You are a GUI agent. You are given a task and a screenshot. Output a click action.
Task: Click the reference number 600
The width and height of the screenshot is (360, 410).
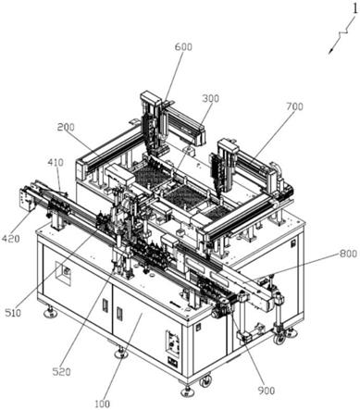tap(183, 47)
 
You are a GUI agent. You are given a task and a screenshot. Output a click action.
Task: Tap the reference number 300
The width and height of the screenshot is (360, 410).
tap(211, 98)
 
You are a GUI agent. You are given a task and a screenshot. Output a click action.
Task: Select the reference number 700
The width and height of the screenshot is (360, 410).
tap(294, 106)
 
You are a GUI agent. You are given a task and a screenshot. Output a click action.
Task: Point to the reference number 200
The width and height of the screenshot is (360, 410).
tap(66, 127)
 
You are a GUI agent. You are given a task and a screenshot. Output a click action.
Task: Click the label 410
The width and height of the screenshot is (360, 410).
tap(56, 162)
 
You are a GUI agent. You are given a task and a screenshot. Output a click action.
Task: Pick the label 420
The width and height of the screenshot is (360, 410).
tap(11, 238)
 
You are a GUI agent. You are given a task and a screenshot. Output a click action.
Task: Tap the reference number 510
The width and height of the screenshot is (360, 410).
tap(13, 313)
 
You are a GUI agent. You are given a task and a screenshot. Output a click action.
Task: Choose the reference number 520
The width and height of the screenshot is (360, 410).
tap(61, 372)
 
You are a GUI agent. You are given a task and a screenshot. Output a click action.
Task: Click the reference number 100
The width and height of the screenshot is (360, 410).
tap(102, 404)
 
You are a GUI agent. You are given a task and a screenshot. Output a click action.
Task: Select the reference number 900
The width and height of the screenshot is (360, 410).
tap(266, 391)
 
